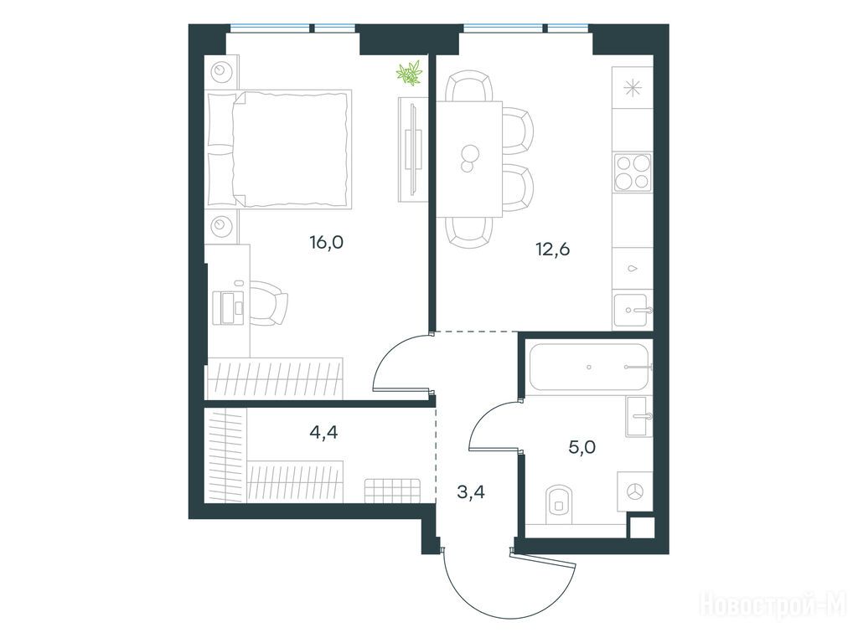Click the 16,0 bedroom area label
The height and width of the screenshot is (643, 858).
pos(326,242)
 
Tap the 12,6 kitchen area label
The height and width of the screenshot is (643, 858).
pos(553,249)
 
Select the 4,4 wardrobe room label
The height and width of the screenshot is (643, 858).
pos(323,433)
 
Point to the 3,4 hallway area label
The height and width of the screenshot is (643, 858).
pos(471,492)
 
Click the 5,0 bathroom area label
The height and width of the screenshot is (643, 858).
pos(582,448)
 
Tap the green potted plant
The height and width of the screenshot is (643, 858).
pos(410,74)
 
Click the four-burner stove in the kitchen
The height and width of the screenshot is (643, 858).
pos(633,172)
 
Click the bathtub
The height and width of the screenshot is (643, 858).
pos(589,367)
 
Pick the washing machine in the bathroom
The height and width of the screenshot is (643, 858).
pos(635,491)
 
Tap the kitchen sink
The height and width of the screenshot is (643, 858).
pos(632,311)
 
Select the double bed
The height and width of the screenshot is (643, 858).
pos(279,149)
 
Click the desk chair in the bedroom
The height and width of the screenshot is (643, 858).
pos(269,303)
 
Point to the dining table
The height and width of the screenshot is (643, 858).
pos(469,159)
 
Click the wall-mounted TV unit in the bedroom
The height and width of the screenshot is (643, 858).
pos(412,149)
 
